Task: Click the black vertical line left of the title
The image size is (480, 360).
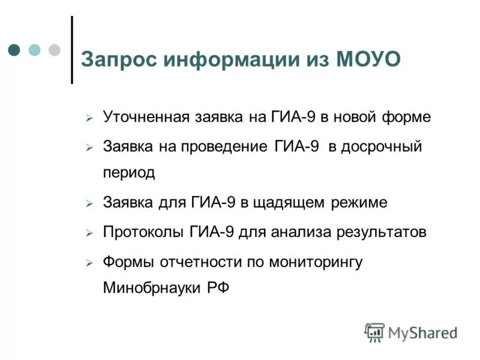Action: click(x=72, y=50)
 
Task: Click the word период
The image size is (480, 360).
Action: click(x=129, y=173)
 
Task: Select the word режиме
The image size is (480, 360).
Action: click(x=359, y=203)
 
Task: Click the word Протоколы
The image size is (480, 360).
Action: click(x=143, y=232)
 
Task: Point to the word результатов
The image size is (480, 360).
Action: click(x=377, y=232)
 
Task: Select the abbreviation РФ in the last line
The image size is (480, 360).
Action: click(x=218, y=287)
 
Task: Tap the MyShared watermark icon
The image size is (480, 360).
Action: click(x=374, y=332)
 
